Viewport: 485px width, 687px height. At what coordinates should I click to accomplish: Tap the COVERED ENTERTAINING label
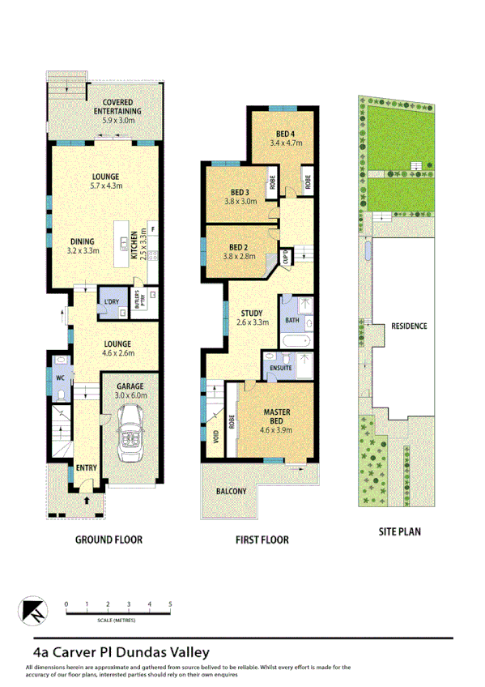point(117,111)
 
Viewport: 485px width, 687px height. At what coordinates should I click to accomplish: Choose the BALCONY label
point(231,490)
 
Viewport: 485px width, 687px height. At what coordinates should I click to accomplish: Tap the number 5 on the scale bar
point(170,604)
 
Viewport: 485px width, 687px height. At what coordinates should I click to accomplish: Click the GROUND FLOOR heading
point(108,539)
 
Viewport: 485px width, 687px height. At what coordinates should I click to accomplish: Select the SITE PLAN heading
point(400,532)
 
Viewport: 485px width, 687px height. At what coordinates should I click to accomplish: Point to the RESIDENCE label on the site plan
point(409,326)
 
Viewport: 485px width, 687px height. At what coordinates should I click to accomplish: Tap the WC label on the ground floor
point(59,377)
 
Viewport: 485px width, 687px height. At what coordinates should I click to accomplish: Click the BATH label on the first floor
point(291,321)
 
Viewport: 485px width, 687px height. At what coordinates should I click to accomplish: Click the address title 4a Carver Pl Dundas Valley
point(121,651)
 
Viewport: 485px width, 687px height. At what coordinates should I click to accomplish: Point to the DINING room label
point(83,241)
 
